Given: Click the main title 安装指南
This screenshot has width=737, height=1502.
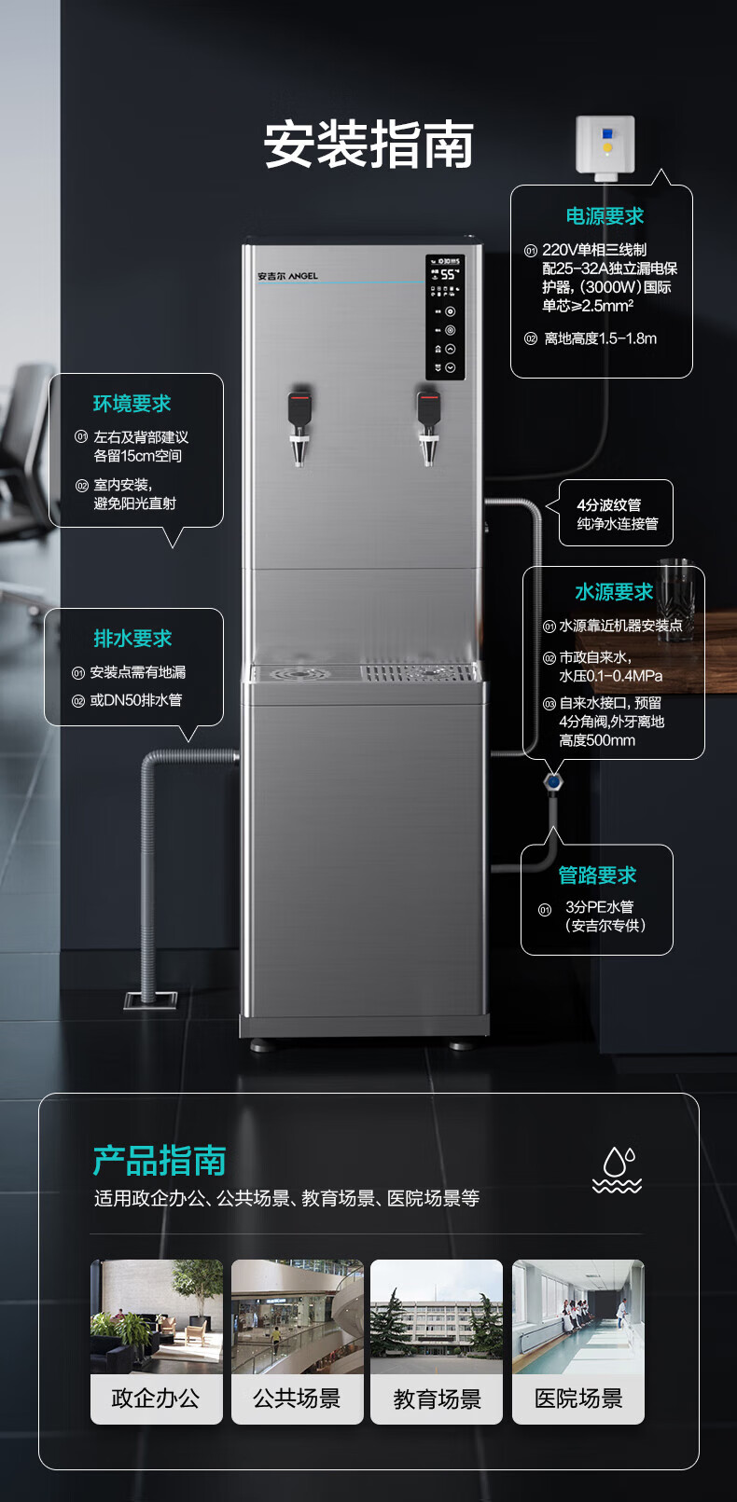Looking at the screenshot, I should [368, 145].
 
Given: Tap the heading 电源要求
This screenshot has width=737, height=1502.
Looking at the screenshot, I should [604, 216].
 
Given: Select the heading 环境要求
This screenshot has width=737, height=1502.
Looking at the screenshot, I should [132, 404].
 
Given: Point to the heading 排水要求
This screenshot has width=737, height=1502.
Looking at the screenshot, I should [132, 639].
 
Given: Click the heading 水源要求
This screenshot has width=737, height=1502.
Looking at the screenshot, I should [613, 592].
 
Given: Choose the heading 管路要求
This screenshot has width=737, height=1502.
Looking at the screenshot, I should [597, 875].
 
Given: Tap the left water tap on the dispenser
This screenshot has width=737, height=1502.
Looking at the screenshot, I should [299, 424].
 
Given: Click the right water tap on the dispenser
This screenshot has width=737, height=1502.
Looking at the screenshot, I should [428, 424].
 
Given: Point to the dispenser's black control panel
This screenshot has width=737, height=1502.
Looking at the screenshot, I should [446, 317].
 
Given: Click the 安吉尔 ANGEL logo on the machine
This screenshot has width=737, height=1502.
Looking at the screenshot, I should [287, 276].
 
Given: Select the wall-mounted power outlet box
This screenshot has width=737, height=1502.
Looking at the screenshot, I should [605, 145].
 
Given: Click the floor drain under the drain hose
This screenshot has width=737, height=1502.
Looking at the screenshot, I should [150, 999].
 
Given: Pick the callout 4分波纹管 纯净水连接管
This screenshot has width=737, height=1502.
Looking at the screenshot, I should [617, 514].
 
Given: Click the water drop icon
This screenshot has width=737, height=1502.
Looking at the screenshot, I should [618, 1169].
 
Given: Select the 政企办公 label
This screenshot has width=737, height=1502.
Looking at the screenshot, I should [156, 1399].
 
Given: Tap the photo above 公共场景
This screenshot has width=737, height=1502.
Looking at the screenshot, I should [297, 1316].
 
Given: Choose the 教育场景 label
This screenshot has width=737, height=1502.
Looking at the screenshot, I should [437, 1399].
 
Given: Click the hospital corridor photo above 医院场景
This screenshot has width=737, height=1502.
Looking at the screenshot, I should [578, 1316].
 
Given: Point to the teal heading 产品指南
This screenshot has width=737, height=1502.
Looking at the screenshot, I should [160, 1161].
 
